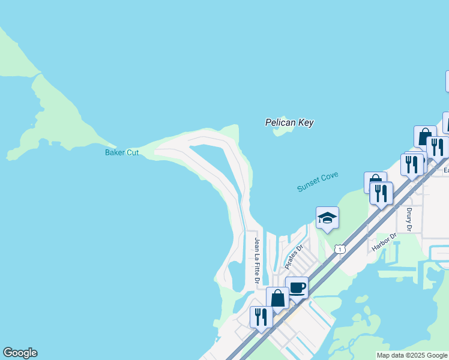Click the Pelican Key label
point(289,122)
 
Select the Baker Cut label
point(122,152)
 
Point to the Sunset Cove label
point(318,182)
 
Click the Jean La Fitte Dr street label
point(257,260)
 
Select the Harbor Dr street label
point(384,241)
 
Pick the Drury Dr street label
point(409,220)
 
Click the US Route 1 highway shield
point(340,248)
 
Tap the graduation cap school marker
point(327,217)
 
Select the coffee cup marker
point(297,287)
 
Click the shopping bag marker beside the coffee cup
point(277,297)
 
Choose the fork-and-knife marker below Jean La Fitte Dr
point(261,316)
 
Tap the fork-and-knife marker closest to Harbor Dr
point(381,193)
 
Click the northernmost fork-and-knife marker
point(438,146)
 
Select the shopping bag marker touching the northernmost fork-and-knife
point(425,136)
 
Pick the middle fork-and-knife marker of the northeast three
point(412,164)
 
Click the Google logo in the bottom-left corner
point(20,353)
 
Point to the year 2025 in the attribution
point(415,355)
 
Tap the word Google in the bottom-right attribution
point(436,355)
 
